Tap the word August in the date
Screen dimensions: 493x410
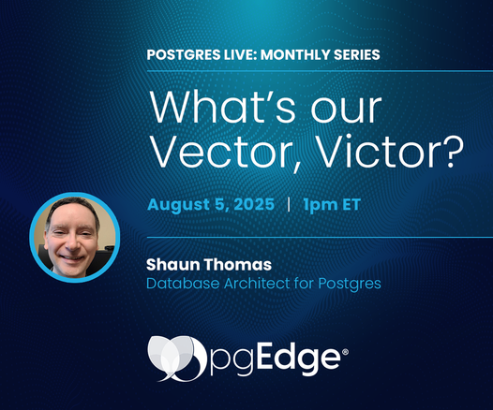tap(179, 205)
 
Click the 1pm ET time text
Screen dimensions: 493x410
tap(332, 205)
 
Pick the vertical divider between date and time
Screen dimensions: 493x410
tap(289, 204)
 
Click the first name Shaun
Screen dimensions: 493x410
tap(173, 264)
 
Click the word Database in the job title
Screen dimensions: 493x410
tap(183, 283)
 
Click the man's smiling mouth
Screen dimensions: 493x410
tap(72, 257)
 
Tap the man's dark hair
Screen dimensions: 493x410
tap(71, 208)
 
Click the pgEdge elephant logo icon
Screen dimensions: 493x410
tap(177, 359)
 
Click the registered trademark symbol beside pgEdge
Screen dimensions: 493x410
tap(345, 352)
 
